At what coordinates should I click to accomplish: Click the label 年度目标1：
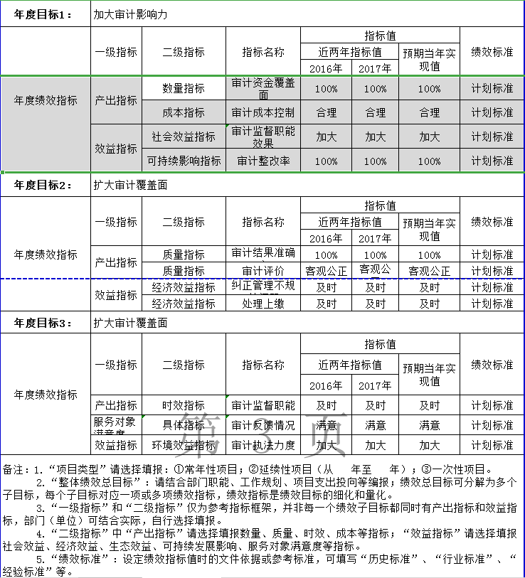pos(43,15)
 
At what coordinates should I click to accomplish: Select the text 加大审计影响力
pos(130,15)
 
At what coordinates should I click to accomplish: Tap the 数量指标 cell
pos(184,89)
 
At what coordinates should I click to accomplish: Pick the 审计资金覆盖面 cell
pos(263,89)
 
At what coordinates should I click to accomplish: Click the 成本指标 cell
pos(184,112)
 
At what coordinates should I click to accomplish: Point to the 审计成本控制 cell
pos(263,112)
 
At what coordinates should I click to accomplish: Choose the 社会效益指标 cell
pos(184,137)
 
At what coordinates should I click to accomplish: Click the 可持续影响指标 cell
pos(184,161)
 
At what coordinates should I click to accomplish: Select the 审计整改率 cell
pos(263,161)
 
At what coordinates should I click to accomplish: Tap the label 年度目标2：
pos(43,186)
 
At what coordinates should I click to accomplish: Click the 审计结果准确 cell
pos(263,254)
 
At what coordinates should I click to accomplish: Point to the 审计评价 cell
pos(263,271)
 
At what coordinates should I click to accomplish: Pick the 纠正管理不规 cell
pos(263,287)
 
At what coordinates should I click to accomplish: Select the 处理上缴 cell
pos(263,304)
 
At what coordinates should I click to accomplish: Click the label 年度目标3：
pos(43,323)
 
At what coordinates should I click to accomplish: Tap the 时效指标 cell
pos(184,405)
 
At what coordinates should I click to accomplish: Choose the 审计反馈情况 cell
pos(263,425)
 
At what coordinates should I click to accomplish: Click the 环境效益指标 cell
pos(184,445)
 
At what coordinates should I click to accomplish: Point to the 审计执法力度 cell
pos(263,445)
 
